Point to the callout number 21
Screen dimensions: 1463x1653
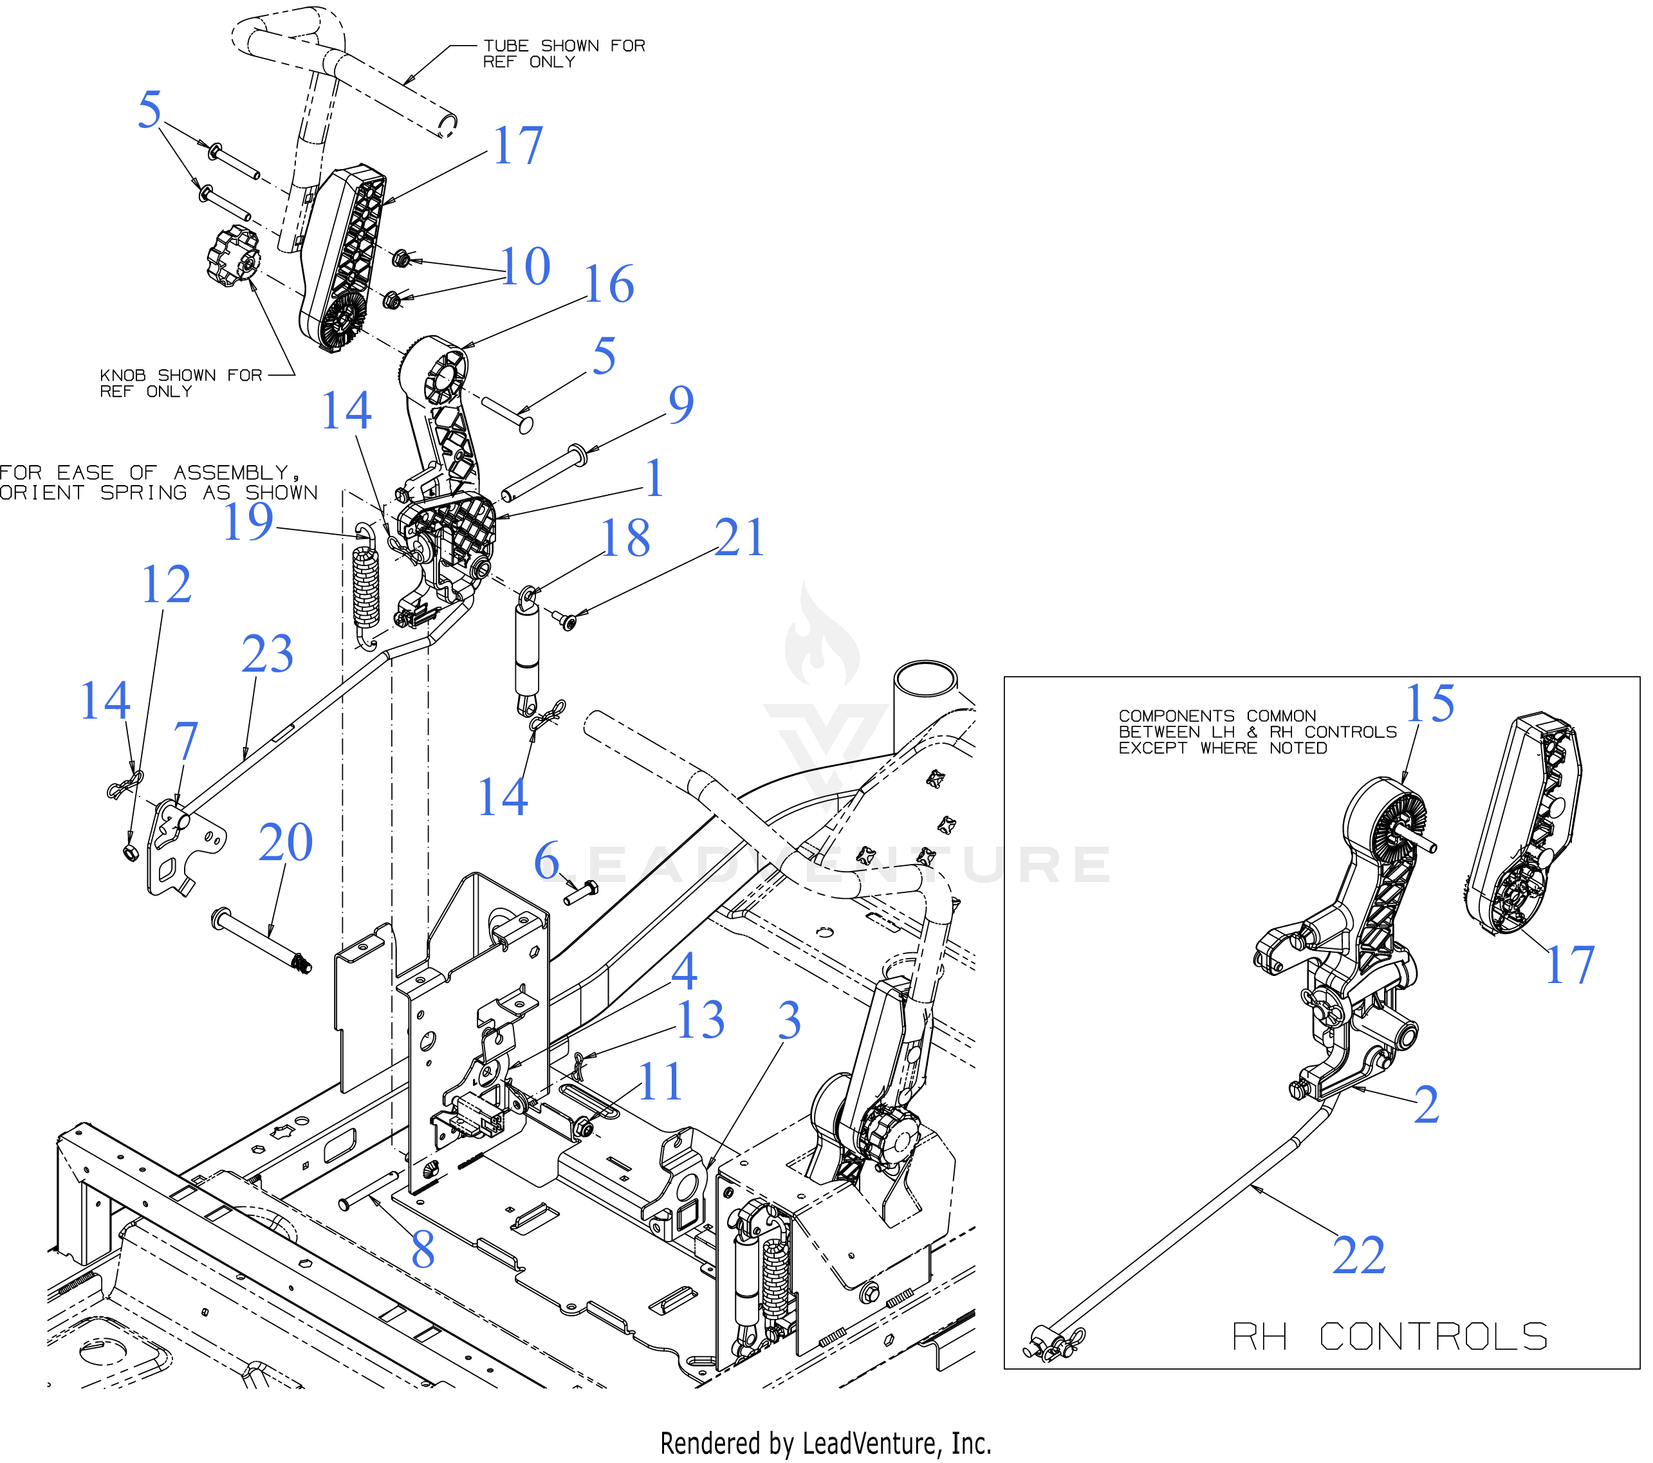tap(739, 538)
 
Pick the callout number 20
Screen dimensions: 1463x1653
tap(286, 843)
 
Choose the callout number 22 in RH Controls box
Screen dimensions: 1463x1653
tap(1359, 1255)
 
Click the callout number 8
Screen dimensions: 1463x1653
tap(422, 1250)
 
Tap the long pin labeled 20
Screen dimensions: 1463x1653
tap(261, 942)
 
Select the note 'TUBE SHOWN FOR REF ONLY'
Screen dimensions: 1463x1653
tap(564, 53)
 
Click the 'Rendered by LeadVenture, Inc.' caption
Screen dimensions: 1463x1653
tap(826, 1443)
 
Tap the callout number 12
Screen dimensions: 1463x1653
tap(166, 585)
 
